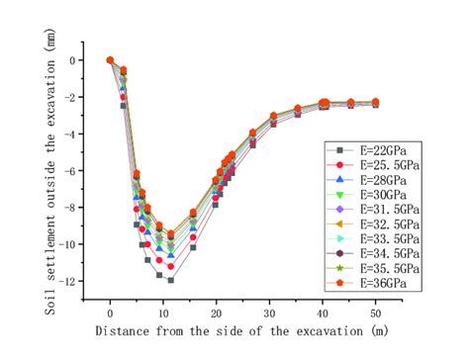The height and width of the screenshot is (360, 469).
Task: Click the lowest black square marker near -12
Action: (170, 280)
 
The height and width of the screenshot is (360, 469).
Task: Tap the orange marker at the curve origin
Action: (110, 60)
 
